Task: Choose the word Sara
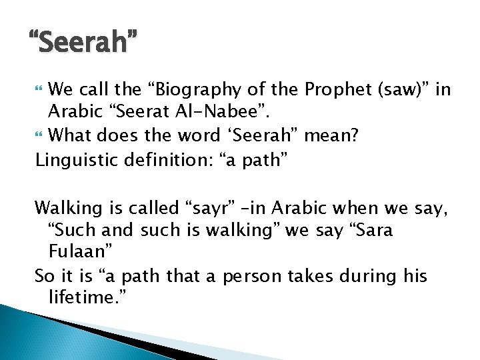(x=370, y=231)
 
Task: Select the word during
(x=371, y=276)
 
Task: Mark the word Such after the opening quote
(x=73, y=231)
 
